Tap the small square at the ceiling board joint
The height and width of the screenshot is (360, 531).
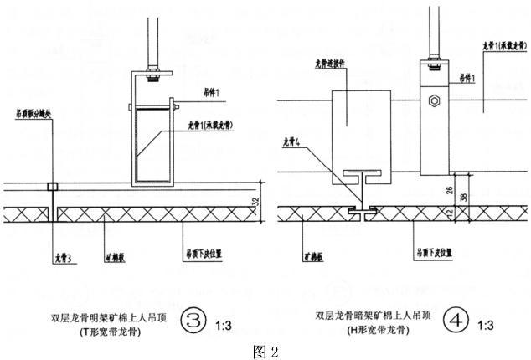52,187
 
